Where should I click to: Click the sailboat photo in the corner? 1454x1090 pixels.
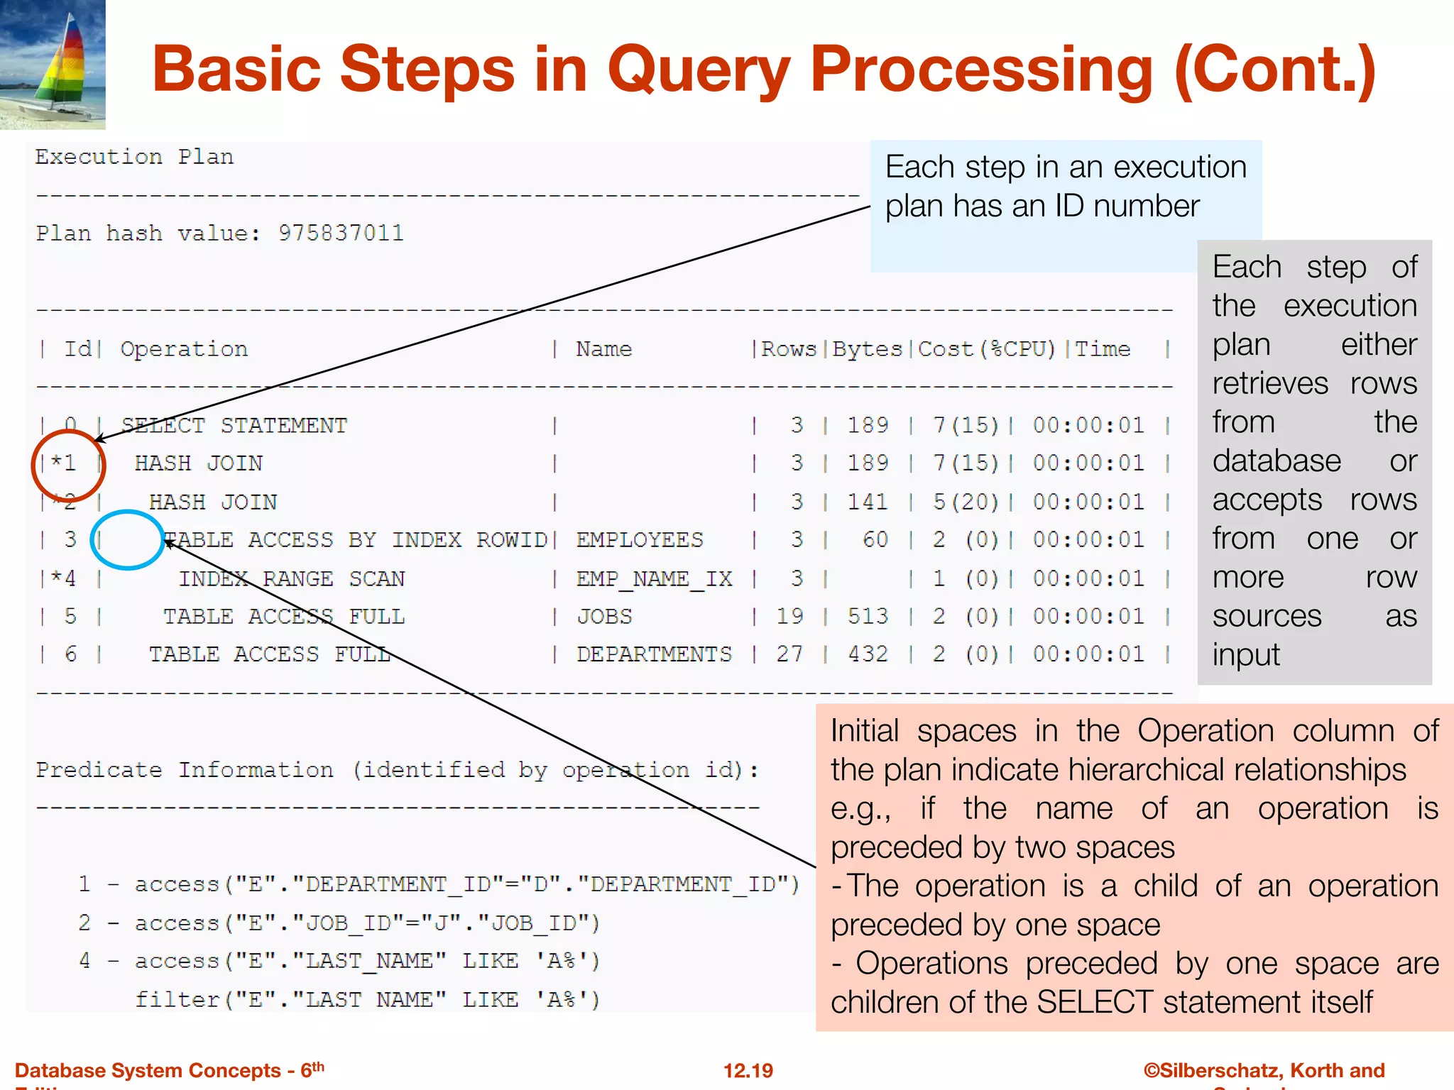[x=53, y=64]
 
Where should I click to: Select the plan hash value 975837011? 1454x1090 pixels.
[x=341, y=233]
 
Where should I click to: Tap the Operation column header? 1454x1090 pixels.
[x=184, y=349]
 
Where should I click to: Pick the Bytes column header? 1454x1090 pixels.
[x=867, y=349]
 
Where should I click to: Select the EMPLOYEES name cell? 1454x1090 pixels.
[x=640, y=540]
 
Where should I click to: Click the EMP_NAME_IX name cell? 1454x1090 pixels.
[x=654, y=579]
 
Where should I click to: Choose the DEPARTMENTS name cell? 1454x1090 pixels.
[x=654, y=654]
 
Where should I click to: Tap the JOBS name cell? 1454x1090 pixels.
[x=604, y=617]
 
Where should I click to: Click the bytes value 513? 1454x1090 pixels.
[x=868, y=617]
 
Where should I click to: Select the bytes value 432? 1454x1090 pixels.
[x=868, y=654]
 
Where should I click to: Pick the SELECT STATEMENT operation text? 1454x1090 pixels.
[x=234, y=426]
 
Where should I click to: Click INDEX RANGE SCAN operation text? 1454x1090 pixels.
[x=291, y=579]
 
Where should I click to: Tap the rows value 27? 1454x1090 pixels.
[x=789, y=654]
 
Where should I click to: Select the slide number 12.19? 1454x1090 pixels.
[x=748, y=1070]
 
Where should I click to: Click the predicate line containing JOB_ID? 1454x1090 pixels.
[x=339, y=923]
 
